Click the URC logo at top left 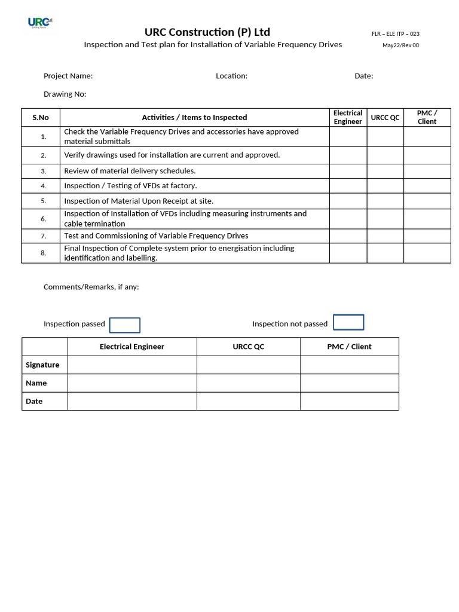40,23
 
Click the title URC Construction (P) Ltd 207,32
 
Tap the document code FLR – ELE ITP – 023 395,34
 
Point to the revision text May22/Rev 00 400,45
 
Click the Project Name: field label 68,76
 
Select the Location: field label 231,76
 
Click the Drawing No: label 65,94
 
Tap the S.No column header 41,118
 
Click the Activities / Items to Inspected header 194,118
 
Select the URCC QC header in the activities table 385,118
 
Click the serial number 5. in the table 44,201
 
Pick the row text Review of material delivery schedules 130,171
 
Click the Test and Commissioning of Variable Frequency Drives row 156,236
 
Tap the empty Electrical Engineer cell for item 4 348,186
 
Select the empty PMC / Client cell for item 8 427,253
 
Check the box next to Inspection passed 125,325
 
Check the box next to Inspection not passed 348,322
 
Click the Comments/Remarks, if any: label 91,287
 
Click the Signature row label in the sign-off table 42,365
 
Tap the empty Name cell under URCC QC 248,383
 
